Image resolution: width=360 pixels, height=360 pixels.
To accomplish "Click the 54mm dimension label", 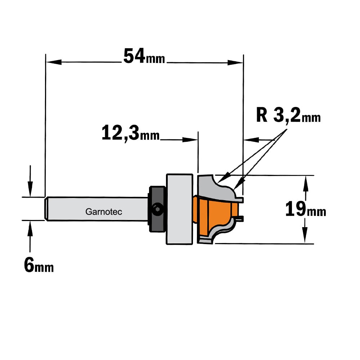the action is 144,56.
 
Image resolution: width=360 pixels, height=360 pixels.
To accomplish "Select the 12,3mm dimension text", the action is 130,133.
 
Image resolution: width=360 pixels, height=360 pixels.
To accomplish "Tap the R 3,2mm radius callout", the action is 288,116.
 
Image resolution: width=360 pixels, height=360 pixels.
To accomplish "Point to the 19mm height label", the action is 306,209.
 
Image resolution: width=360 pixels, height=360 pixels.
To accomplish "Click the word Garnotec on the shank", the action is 104,211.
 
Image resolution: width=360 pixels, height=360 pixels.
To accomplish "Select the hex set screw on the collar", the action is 158,210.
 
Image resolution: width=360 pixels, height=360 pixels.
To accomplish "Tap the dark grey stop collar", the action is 157,209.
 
